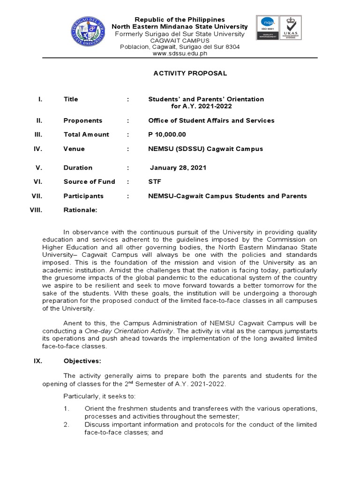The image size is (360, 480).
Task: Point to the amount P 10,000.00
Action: [x=167, y=135]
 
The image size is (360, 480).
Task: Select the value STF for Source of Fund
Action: [x=155, y=182]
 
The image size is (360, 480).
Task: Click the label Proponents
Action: [x=83, y=120]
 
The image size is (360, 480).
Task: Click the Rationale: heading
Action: [x=80, y=210]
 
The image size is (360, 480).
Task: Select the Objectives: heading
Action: [x=82, y=361]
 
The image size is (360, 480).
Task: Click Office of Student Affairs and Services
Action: [x=211, y=120]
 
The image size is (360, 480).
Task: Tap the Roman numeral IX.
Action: [x=39, y=361]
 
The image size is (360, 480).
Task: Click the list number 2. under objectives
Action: [x=67, y=425]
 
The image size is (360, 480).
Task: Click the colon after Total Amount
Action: [x=128, y=135]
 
